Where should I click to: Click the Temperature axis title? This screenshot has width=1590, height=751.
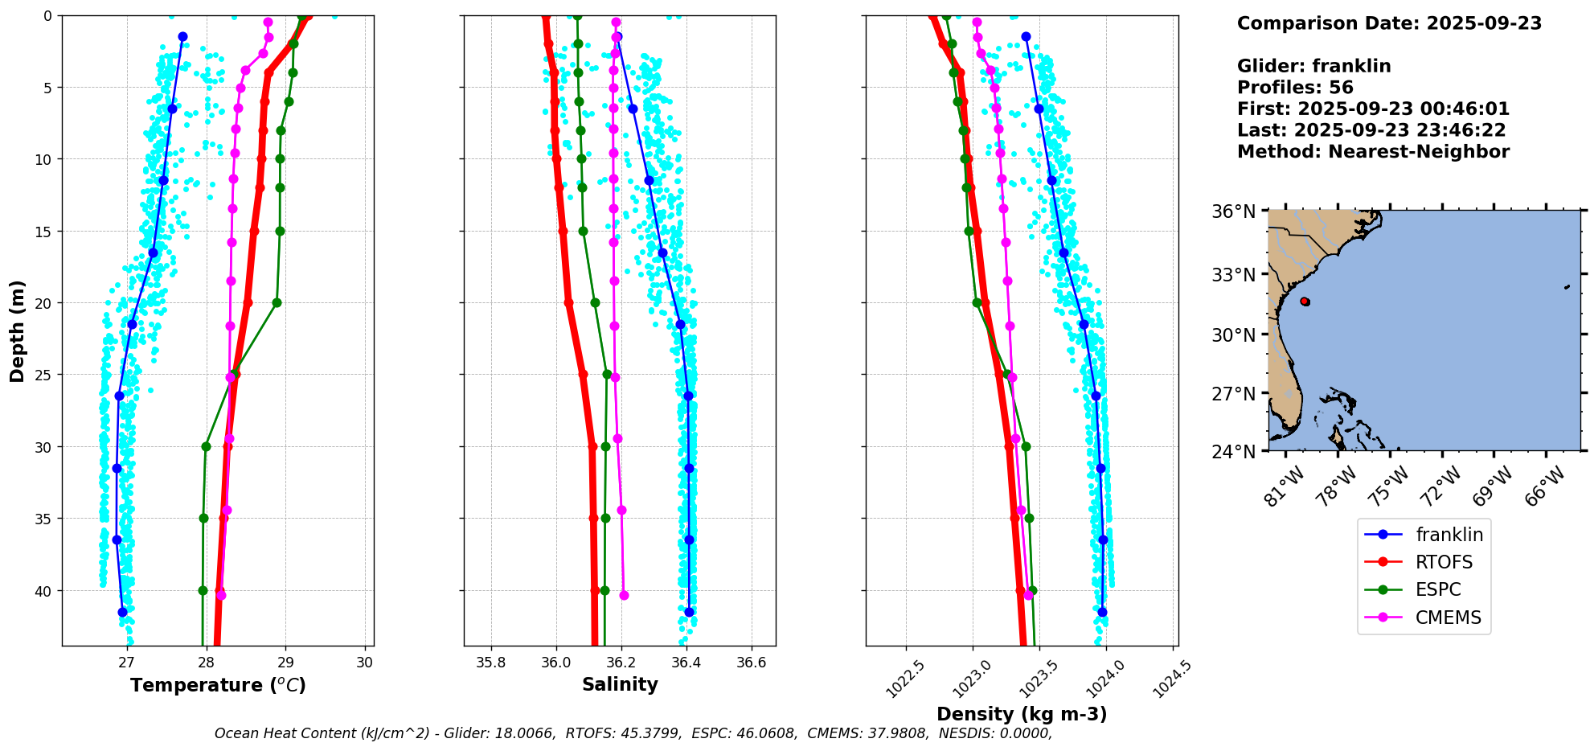(218, 685)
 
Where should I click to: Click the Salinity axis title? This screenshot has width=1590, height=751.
(620, 684)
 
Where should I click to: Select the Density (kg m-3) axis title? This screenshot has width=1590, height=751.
(1022, 714)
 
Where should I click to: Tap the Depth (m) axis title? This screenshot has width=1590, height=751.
(18, 330)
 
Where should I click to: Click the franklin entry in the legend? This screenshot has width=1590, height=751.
(1449, 535)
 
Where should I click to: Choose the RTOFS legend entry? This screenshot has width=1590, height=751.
(1444, 562)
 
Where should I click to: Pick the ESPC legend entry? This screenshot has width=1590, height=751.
(1437, 589)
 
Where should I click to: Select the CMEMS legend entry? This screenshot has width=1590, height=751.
(1448, 618)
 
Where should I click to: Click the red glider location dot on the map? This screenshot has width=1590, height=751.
(1305, 302)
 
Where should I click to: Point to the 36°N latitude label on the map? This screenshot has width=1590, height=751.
(1234, 211)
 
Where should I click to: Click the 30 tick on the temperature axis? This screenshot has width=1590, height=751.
(365, 662)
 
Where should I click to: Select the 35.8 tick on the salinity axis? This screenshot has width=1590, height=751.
(490, 663)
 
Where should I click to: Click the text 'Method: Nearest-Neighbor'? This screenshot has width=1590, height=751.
(1373, 152)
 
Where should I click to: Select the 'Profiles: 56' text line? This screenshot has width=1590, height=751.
(1295, 88)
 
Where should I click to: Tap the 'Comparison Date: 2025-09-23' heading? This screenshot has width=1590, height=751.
(1389, 23)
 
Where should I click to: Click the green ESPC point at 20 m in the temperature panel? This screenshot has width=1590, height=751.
(277, 303)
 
